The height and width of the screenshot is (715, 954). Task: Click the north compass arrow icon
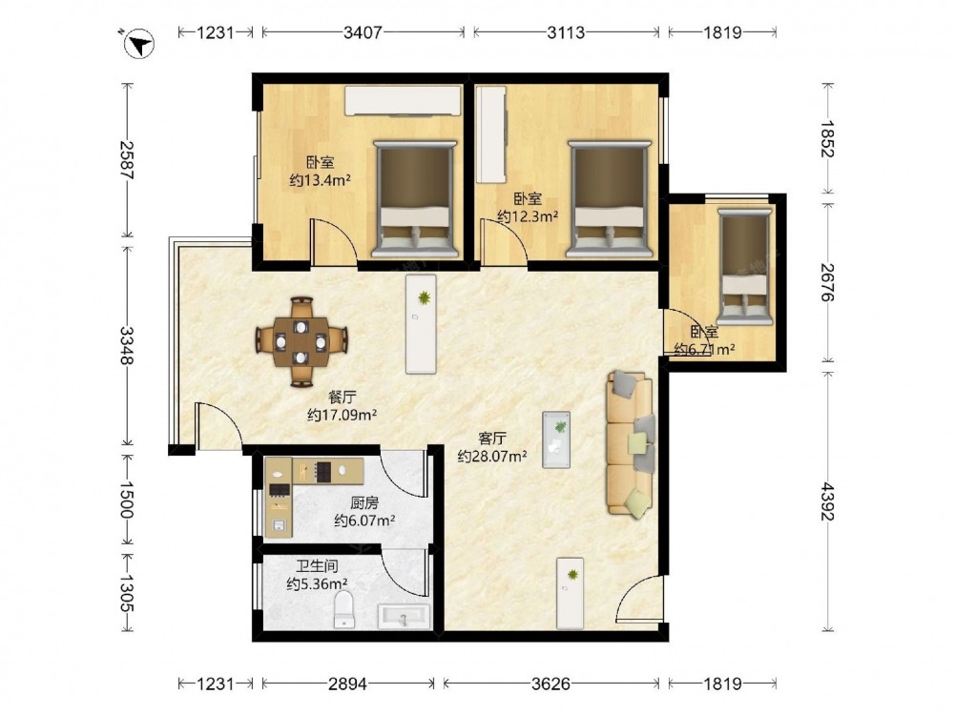(138, 44)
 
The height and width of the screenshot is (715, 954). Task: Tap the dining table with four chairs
(301, 341)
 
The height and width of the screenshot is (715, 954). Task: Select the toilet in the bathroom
(344, 609)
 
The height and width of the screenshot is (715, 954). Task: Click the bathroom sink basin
(404, 617)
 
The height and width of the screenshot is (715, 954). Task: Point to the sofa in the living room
(631, 444)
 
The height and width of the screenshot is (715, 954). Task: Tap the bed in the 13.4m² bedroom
(416, 198)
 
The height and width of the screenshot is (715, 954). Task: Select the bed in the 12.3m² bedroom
(609, 198)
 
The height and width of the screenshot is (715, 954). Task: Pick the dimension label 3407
(363, 32)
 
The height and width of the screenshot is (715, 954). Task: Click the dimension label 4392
(827, 501)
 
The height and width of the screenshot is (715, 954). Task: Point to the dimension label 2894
(347, 684)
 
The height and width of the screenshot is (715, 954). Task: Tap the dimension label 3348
(127, 345)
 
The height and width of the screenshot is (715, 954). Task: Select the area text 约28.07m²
(492, 456)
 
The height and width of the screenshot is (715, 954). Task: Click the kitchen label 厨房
(364, 502)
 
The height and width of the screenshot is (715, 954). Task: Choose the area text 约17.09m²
(342, 415)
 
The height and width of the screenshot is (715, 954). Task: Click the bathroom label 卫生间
(317, 566)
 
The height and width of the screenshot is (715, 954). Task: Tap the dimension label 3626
(550, 684)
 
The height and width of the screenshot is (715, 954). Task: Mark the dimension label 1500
(127, 500)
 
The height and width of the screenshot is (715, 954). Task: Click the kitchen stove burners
(322, 471)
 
